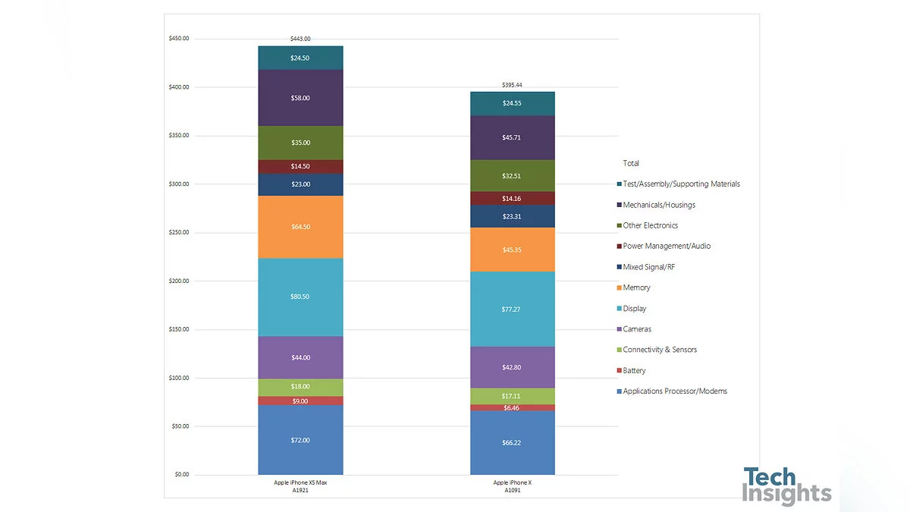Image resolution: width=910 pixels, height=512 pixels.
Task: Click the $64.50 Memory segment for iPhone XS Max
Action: coord(300,227)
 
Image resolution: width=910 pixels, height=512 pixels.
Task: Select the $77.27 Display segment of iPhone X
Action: coord(512,309)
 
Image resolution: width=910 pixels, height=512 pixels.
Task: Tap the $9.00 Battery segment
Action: coord(300,400)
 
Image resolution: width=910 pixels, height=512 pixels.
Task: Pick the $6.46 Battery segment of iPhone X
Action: coord(512,407)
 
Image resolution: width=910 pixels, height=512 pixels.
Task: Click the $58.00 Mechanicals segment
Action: coord(300,98)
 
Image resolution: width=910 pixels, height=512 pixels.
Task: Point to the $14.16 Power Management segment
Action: coord(512,199)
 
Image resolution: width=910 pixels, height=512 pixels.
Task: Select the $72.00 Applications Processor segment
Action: coord(300,440)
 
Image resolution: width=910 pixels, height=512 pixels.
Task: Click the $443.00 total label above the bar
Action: coord(300,39)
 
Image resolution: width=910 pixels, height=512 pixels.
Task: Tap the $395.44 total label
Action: coord(513,85)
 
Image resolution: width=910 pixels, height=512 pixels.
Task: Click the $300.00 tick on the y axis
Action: coord(181,184)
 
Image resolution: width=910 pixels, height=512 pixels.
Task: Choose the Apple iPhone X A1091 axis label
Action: coord(513,486)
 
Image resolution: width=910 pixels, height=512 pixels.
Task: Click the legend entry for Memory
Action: coord(635,287)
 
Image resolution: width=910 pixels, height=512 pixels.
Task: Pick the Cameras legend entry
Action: coord(636,329)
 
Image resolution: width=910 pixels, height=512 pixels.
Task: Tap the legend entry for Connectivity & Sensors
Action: coord(659,350)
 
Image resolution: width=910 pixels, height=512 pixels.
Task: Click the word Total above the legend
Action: coord(631,163)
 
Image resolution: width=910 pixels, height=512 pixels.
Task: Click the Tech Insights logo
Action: coord(786,486)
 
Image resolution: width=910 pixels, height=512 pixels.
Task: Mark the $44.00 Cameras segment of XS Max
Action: coord(300,357)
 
